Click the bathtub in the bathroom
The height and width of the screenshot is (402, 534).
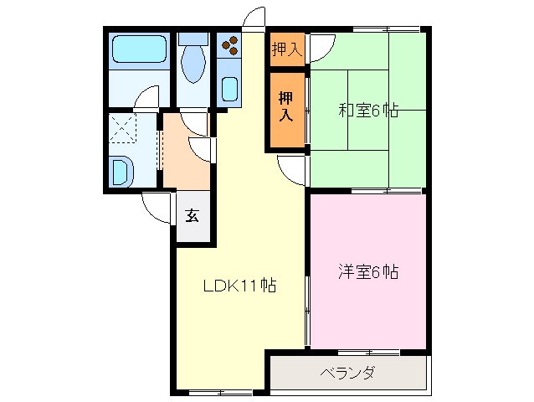pos(139,51)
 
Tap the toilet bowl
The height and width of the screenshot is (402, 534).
pos(193,65)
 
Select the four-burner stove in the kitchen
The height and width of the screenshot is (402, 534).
pos(230,44)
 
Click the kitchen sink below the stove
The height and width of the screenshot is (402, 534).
pos(229,89)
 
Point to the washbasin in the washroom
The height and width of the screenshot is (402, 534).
pos(121,173)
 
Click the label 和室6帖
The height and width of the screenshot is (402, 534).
pos(368,110)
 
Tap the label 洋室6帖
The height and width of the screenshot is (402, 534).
pos(367,271)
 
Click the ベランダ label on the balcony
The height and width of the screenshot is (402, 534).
pos(347,374)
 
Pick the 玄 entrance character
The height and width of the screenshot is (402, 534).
pos(193,215)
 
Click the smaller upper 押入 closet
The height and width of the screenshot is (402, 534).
pos(286,49)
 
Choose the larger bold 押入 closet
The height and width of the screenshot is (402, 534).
pos(286,106)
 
